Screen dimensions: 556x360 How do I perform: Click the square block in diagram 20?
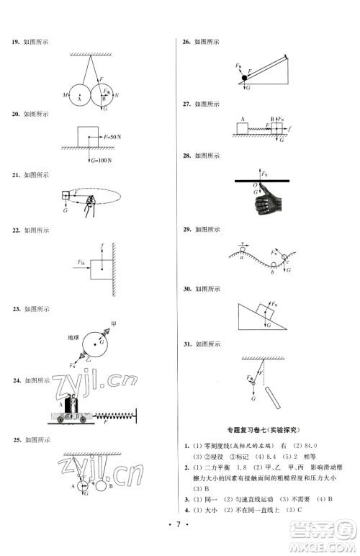(88, 135)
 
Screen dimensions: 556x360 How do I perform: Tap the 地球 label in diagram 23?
(73, 337)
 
